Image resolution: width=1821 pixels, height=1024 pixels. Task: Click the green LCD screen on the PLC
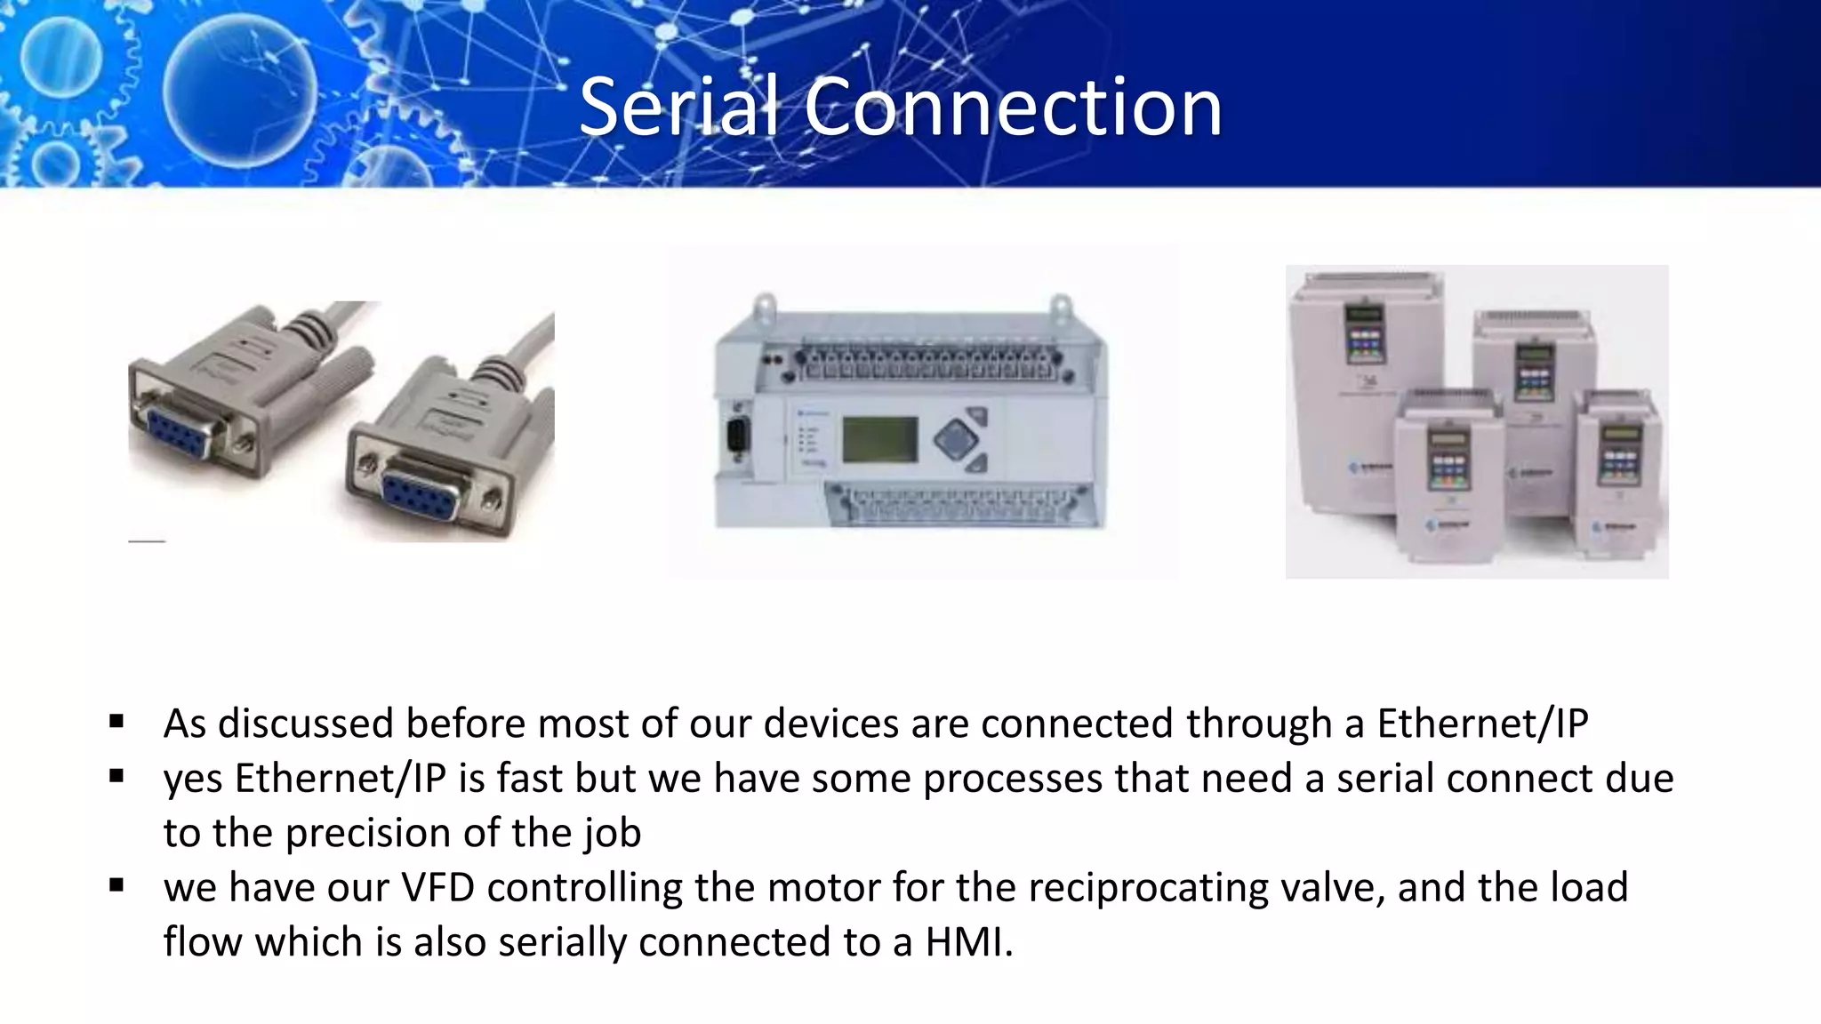[879, 439]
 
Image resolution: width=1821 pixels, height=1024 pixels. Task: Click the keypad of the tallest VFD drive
[1364, 340]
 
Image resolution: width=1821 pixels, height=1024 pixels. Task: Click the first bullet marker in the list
[116, 722]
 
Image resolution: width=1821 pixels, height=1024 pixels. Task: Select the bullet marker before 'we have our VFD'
[116, 885]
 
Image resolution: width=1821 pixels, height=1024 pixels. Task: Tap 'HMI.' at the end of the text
[969, 941]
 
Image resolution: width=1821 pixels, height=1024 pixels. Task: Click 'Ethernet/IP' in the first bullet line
[1482, 723]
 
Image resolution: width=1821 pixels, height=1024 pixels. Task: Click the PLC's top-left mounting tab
[764, 308]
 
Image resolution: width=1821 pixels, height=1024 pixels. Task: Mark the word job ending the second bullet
[613, 833]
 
